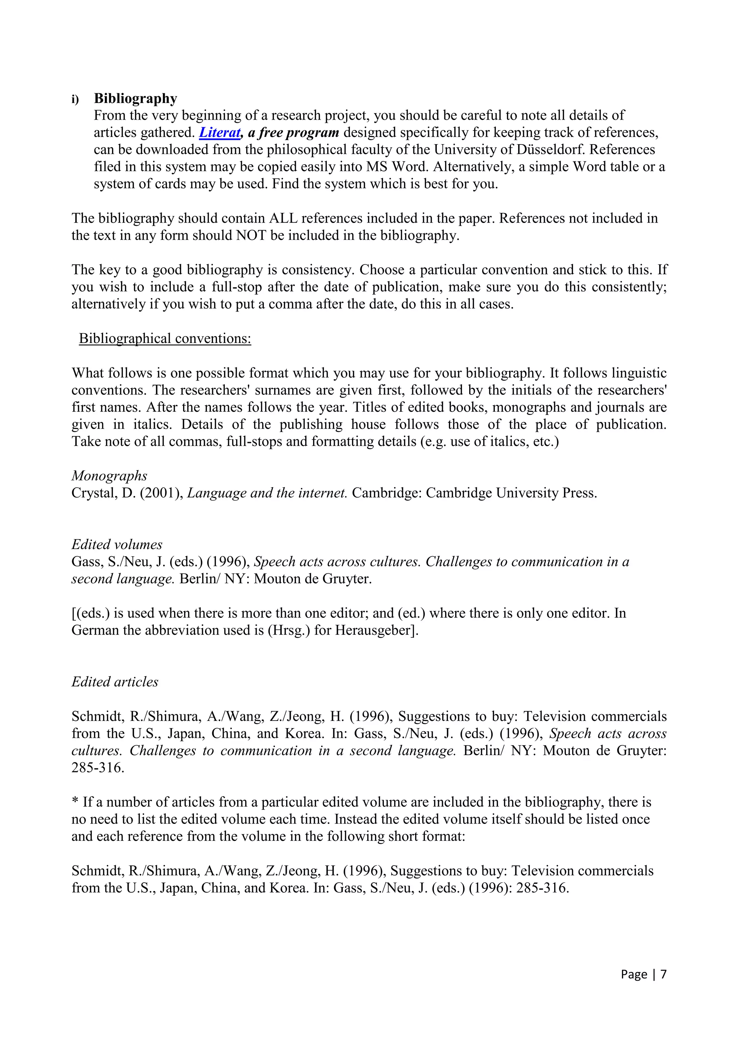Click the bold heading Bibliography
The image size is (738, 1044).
coord(135,98)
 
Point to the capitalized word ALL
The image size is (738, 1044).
coord(283,218)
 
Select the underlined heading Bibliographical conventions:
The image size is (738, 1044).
coord(165,338)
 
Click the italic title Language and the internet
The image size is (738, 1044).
coord(267,493)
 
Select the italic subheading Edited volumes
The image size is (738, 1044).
coord(117,544)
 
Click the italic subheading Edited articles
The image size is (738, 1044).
coord(115,682)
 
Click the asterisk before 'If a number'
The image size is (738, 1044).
coord(75,802)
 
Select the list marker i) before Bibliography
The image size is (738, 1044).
coord(75,99)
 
